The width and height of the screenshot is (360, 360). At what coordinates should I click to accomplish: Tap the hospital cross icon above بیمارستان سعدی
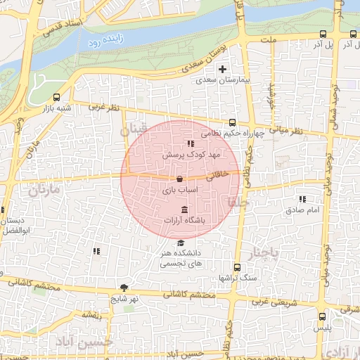(x=223, y=69)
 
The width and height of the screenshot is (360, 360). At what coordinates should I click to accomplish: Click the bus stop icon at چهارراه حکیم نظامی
(x=233, y=122)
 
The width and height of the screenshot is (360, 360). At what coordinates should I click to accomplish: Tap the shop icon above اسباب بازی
(x=180, y=179)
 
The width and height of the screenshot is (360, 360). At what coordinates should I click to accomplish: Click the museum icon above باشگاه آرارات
(x=184, y=210)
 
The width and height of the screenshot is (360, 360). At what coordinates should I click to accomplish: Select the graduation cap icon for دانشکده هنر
(x=182, y=243)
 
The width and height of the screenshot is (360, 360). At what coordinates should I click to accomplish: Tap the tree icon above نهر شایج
(x=124, y=287)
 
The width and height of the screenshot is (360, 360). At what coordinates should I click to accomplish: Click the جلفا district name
(x=234, y=202)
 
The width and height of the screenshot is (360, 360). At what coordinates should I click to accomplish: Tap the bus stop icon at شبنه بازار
(x=56, y=97)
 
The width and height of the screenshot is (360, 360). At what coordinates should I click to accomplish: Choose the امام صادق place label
(x=303, y=210)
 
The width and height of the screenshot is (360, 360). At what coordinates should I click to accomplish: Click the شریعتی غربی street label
(x=266, y=302)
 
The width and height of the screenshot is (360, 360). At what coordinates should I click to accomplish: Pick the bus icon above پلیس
(x=322, y=316)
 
